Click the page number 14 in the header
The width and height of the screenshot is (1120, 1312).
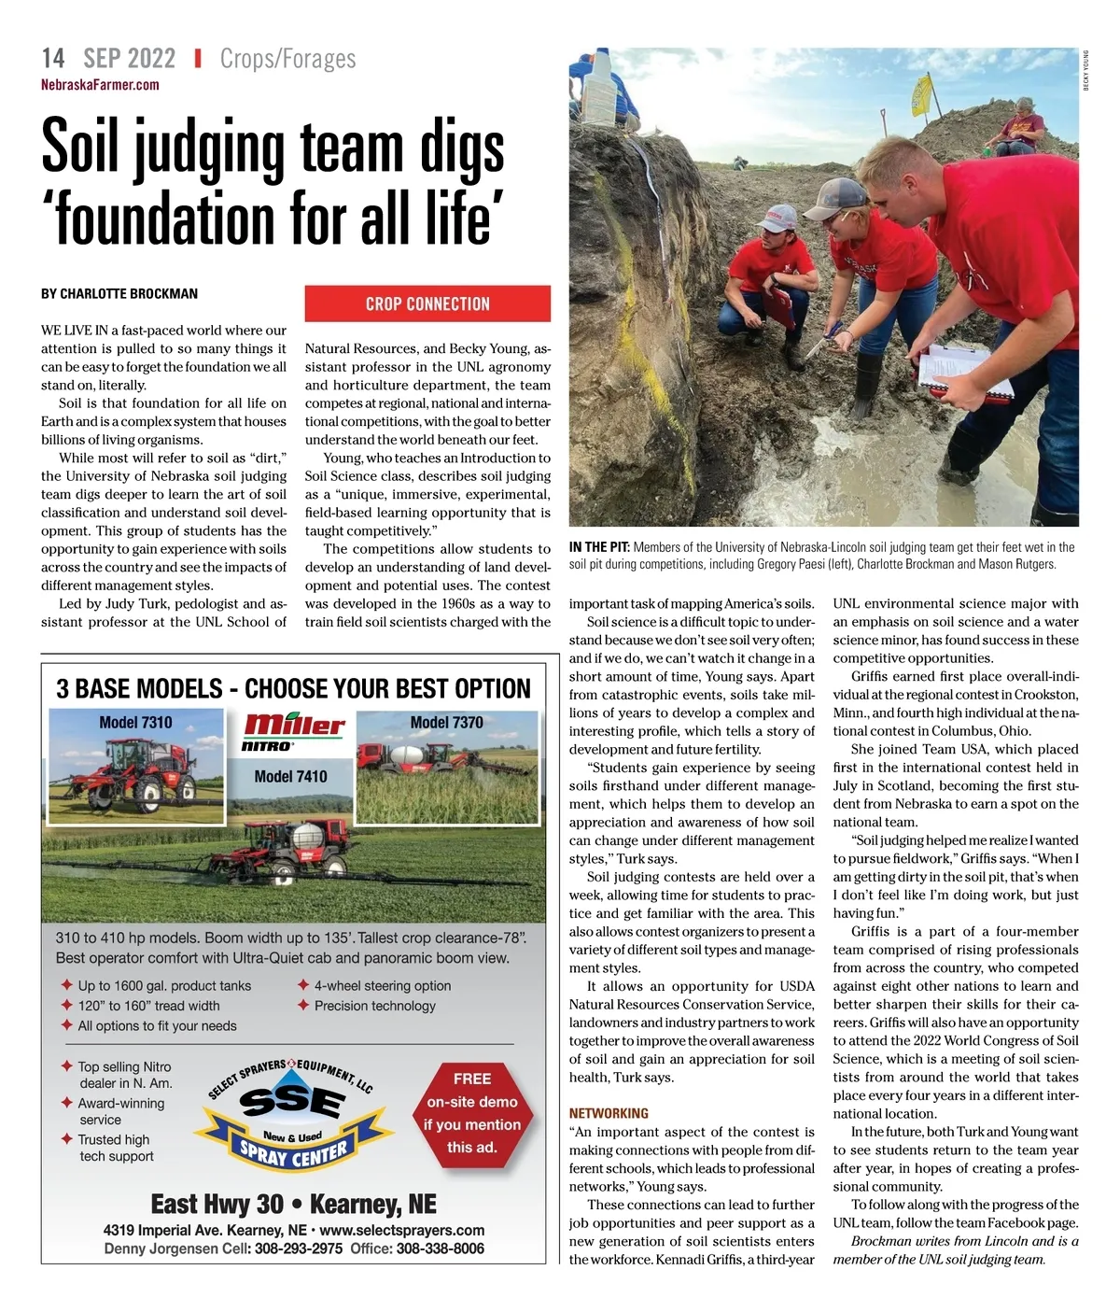click(53, 59)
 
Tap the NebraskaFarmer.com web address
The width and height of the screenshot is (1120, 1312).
click(100, 85)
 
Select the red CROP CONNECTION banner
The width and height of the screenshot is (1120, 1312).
click(427, 303)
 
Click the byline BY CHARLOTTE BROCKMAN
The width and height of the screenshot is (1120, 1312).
click(119, 294)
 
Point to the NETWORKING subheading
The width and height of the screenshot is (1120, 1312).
click(609, 1113)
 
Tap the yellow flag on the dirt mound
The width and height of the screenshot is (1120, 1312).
click(921, 94)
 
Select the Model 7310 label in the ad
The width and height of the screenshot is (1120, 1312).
click(135, 722)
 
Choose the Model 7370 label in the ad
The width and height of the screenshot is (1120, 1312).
click(446, 722)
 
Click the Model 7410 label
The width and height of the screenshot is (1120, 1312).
click(290, 776)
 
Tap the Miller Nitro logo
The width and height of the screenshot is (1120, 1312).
click(293, 730)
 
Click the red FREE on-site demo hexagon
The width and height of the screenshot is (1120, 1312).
click(471, 1113)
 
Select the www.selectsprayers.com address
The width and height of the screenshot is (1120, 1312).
click(401, 1230)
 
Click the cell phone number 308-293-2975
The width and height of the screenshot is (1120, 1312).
click(298, 1249)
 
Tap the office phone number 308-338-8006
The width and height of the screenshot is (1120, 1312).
click(440, 1249)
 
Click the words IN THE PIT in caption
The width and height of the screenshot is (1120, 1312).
click(599, 547)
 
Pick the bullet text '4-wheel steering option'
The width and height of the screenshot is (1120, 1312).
click(382, 986)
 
